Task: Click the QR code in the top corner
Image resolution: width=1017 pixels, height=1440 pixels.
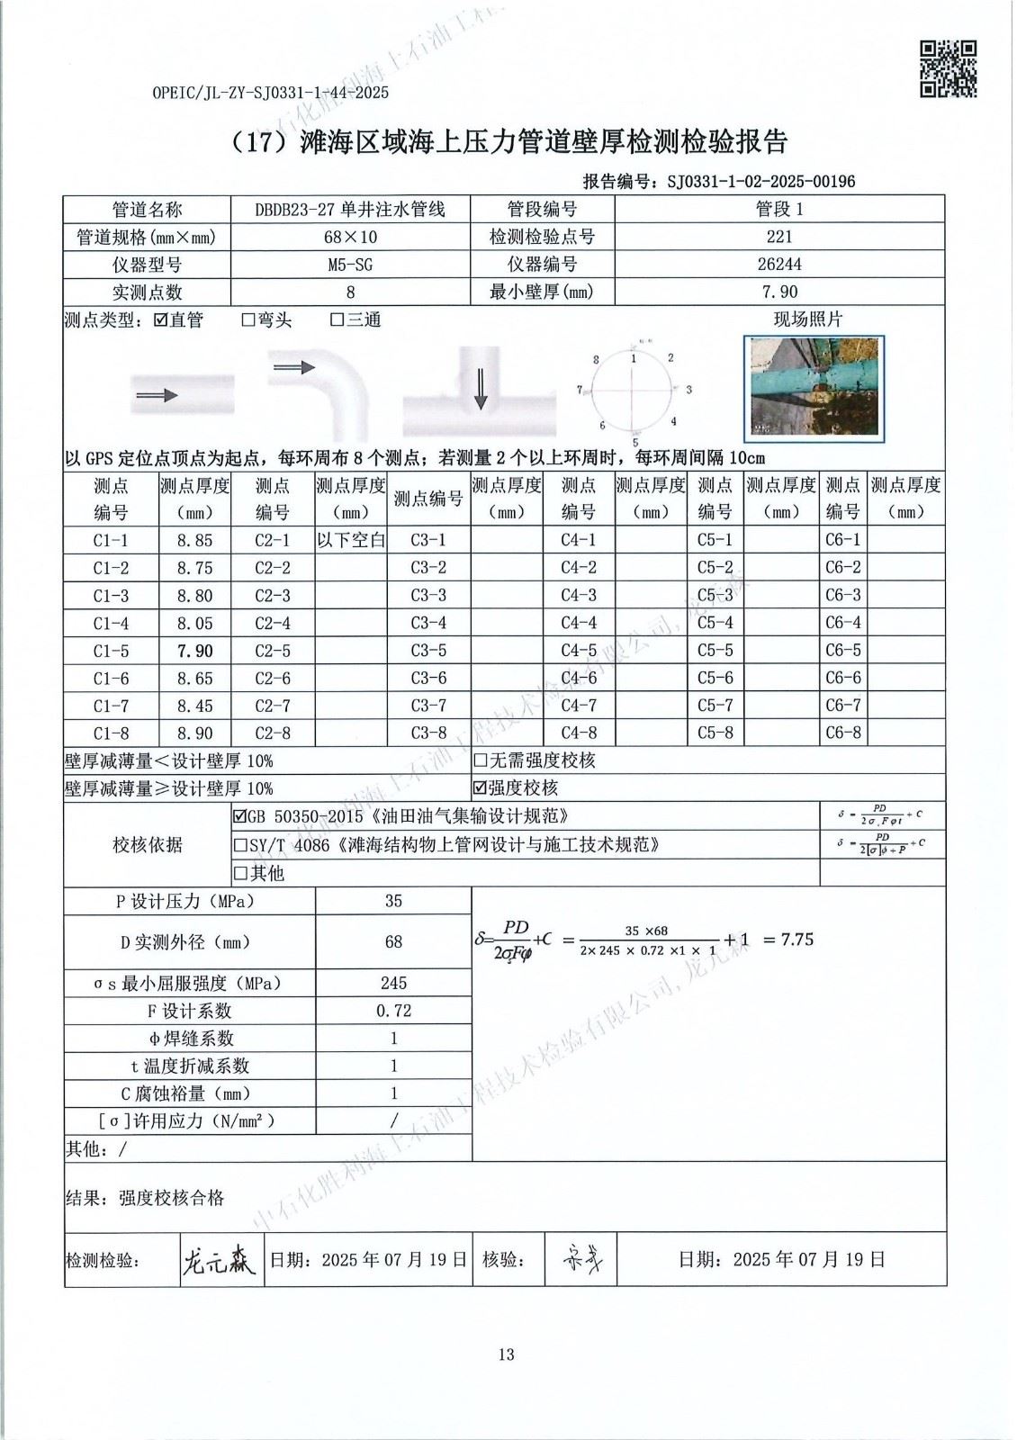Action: (x=948, y=68)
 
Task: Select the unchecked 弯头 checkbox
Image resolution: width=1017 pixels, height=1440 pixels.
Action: (x=249, y=320)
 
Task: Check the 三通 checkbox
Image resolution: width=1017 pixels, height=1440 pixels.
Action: (x=337, y=320)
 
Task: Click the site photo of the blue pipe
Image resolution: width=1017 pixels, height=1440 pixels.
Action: (x=815, y=388)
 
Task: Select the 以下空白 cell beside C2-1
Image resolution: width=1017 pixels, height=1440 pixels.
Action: (x=351, y=540)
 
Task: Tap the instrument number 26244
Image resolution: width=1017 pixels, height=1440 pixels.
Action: (x=779, y=265)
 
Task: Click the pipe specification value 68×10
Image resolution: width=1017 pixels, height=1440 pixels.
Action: (x=350, y=237)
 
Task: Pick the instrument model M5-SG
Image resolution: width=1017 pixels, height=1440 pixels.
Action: (x=350, y=265)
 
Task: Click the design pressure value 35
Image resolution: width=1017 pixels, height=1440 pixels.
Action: (x=393, y=901)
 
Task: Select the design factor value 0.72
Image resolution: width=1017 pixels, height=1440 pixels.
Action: (x=393, y=1011)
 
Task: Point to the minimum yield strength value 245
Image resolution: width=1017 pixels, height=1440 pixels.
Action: (x=393, y=983)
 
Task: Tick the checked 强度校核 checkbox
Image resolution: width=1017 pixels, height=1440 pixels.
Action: (x=481, y=788)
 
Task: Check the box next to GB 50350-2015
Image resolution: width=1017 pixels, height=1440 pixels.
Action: (x=240, y=817)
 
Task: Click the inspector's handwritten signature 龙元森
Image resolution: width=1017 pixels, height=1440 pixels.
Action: (x=219, y=1259)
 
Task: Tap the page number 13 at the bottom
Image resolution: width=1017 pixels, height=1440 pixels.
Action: (x=507, y=1354)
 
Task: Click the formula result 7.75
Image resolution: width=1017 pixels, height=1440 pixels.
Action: (x=796, y=940)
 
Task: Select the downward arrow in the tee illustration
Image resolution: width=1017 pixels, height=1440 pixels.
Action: (x=481, y=388)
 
